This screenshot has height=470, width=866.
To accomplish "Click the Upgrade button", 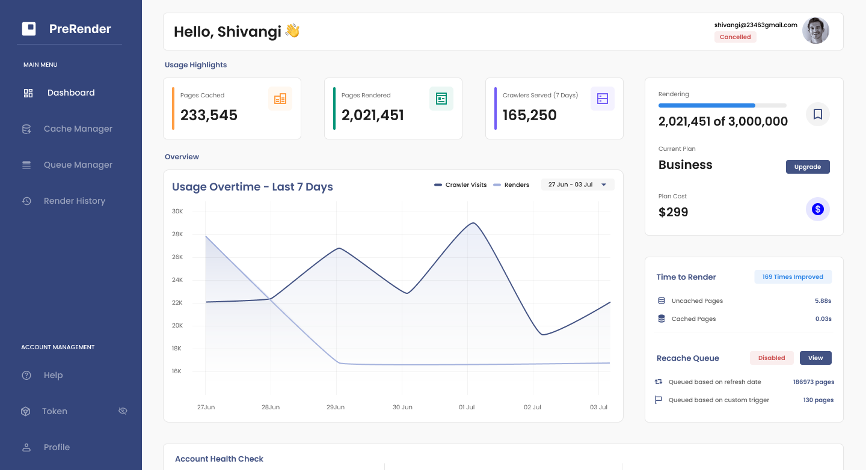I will tap(807, 167).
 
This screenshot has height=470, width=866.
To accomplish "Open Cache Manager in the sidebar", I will tap(78, 129).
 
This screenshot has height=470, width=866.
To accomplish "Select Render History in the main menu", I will tap(74, 201).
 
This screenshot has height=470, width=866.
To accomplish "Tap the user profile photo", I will tap(815, 31).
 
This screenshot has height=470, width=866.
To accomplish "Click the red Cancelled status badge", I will tap(735, 37).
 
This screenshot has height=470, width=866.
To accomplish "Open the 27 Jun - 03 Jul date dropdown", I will tap(577, 185).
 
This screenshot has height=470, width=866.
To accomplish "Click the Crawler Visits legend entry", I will tap(461, 185).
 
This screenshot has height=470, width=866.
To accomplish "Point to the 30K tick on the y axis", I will tap(177, 212).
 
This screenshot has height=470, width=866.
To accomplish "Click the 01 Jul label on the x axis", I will tap(467, 407).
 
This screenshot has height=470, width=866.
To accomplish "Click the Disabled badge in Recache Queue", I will tap(772, 358).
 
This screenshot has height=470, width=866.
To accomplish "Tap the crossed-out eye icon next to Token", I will tap(123, 411).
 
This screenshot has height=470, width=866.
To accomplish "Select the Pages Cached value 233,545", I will tap(209, 115).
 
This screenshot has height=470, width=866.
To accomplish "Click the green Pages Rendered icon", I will tap(441, 99).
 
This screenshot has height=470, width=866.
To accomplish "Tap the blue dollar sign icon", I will tap(817, 209).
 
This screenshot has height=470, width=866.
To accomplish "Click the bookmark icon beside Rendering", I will tap(817, 114).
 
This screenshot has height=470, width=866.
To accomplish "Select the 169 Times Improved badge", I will tap(793, 277).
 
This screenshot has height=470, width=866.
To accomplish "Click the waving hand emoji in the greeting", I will tap(292, 31).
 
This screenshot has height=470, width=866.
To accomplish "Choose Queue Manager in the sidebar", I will tap(78, 165).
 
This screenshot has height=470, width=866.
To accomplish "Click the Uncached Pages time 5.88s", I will tap(823, 301).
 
